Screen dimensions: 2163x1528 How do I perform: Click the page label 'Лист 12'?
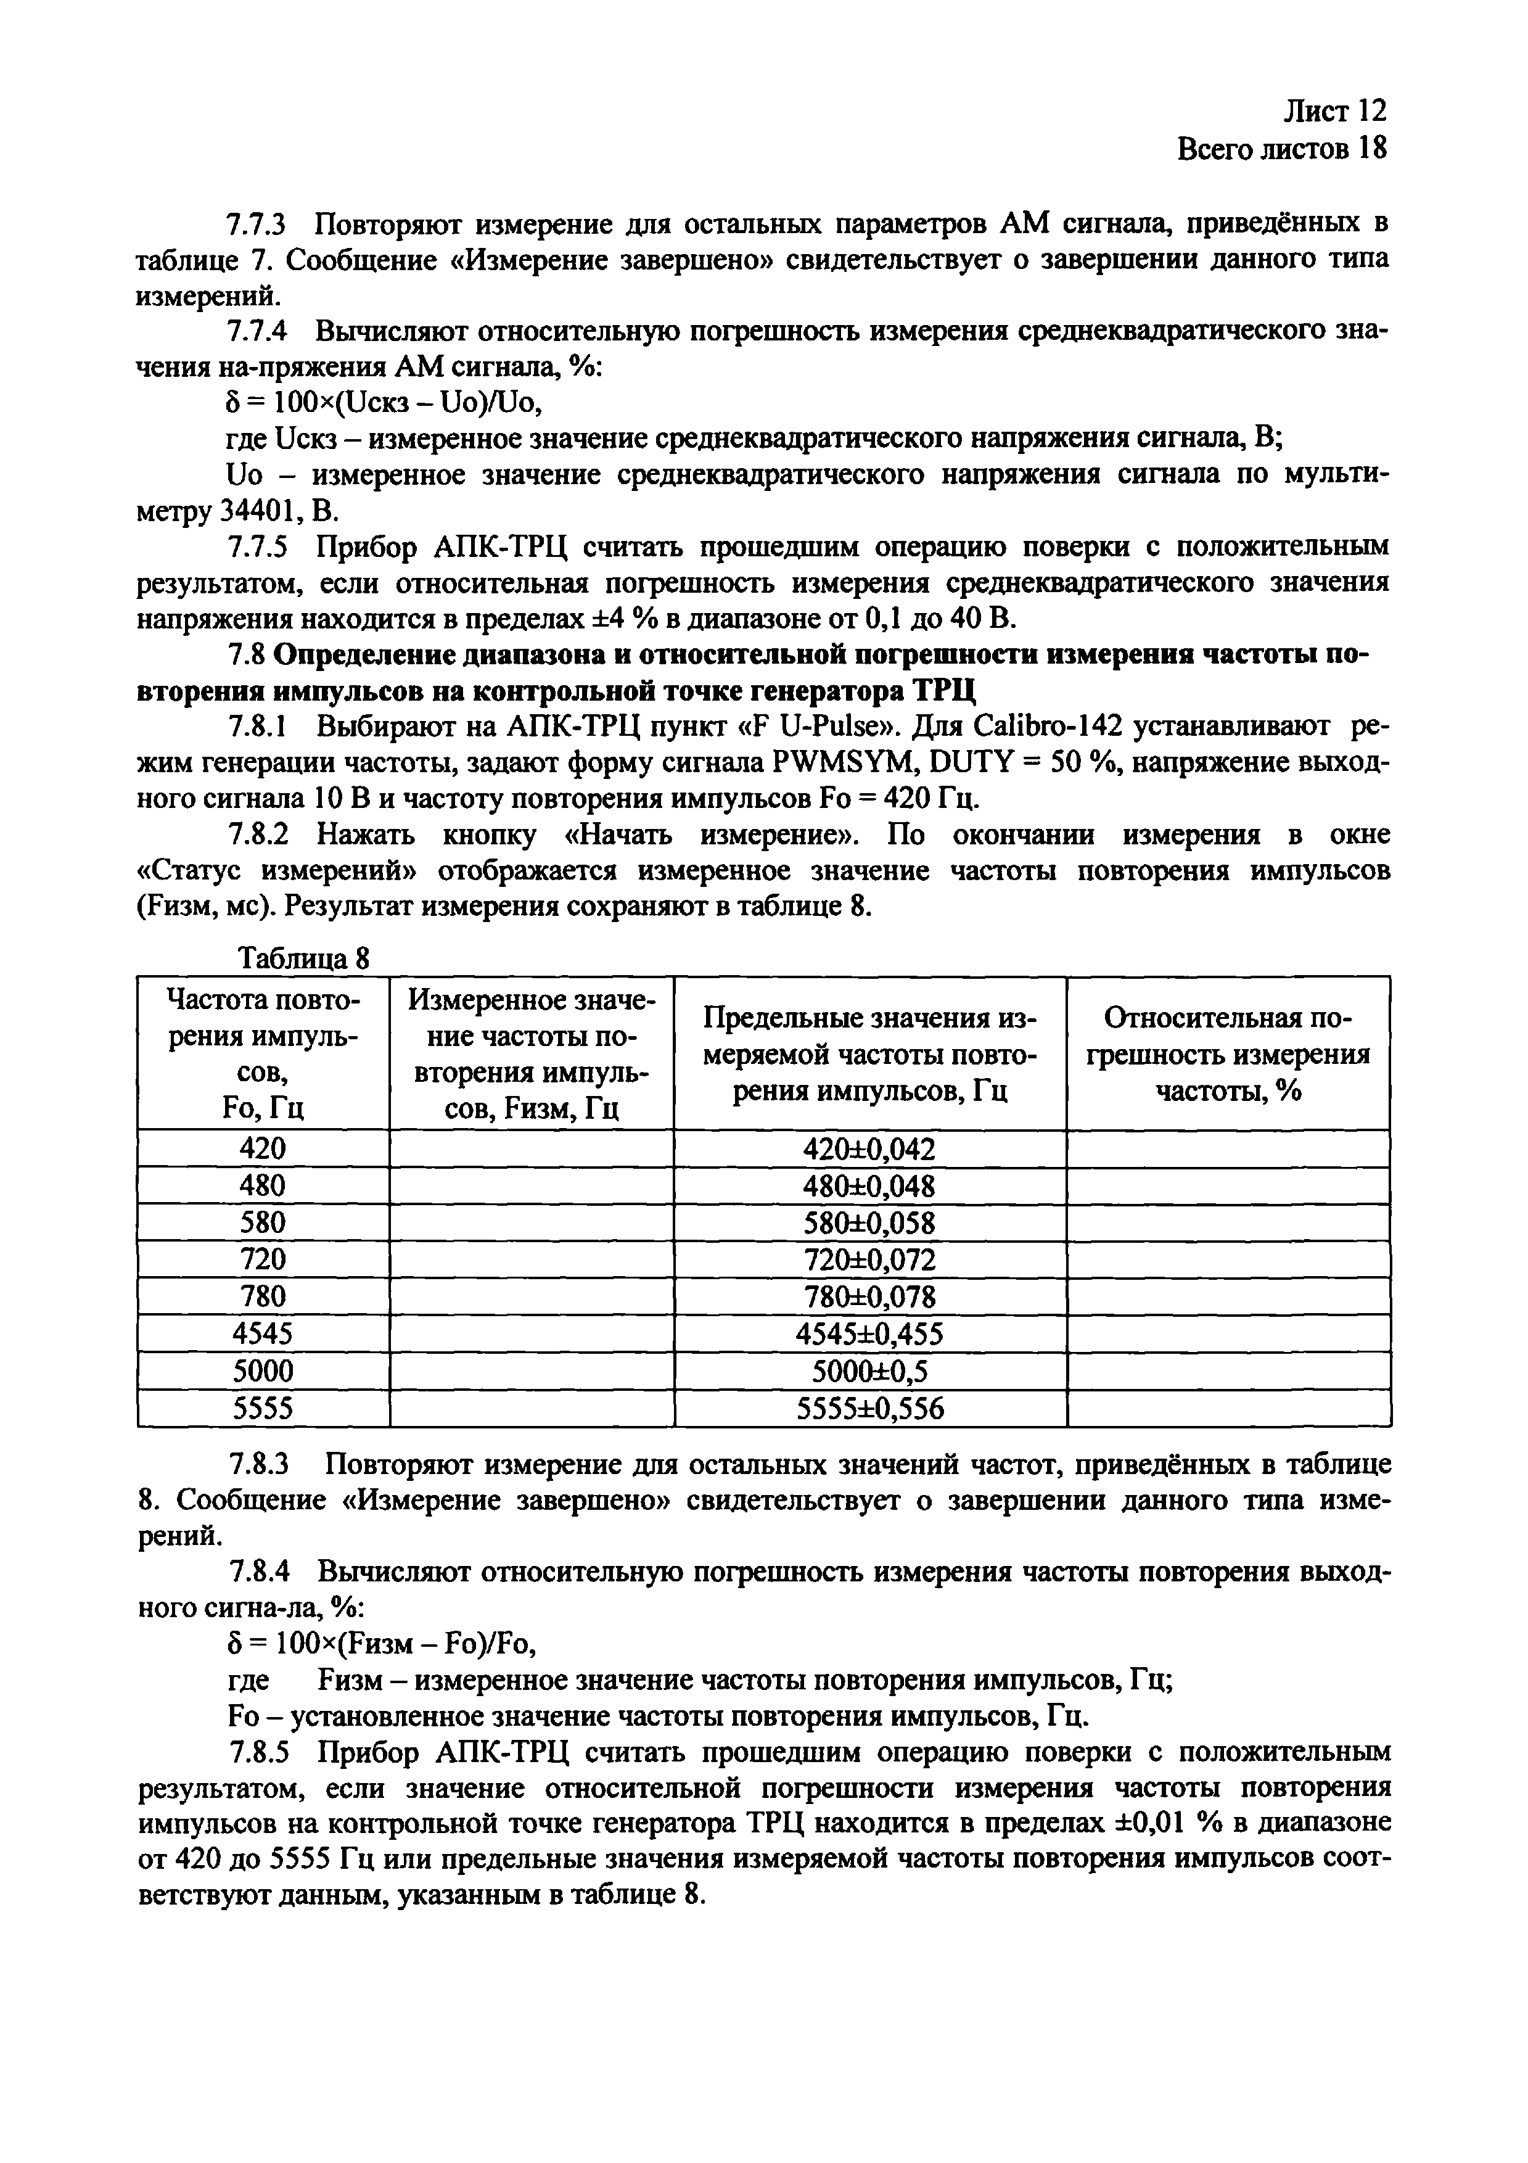pos(1335,111)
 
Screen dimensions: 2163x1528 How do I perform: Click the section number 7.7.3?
pos(257,225)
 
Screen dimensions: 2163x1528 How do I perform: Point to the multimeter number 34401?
pos(261,511)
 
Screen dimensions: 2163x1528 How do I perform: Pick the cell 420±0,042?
pos(869,1149)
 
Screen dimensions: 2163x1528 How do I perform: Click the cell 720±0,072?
pos(869,1259)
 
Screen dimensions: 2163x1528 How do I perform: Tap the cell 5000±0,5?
pos(869,1370)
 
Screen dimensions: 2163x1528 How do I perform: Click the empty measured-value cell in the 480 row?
pos(532,1185)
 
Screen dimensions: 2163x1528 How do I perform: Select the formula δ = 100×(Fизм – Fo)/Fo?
pos(382,1645)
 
